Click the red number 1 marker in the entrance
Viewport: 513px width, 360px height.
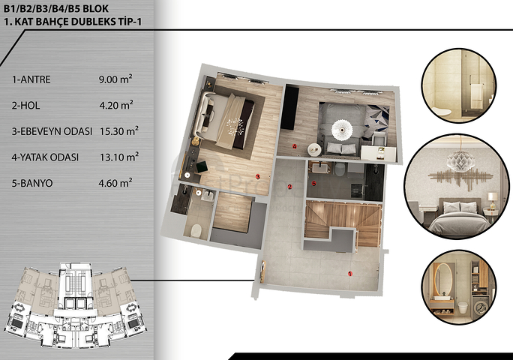[351, 274]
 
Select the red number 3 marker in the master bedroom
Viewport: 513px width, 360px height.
[257, 177]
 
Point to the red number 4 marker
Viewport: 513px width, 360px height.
[295, 146]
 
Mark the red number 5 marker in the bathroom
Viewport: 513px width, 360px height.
[315, 182]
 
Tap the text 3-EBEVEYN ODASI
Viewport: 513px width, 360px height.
[51, 130]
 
